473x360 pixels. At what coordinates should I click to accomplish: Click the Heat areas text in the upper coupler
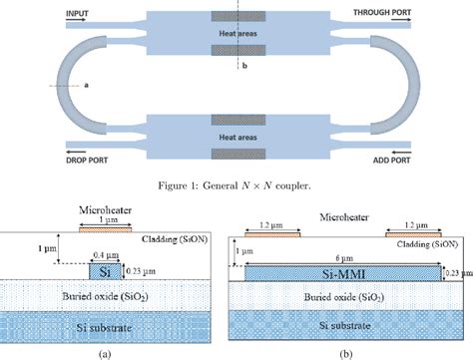(x=236, y=33)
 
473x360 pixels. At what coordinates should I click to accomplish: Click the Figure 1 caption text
(x=236, y=185)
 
